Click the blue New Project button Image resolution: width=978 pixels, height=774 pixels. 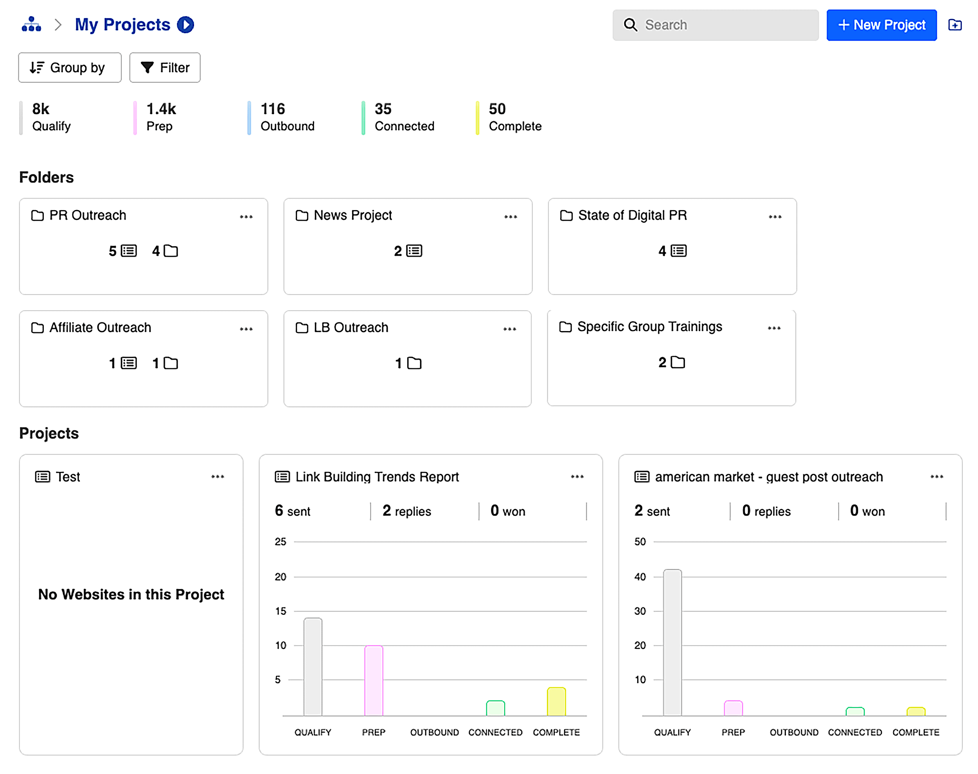881,25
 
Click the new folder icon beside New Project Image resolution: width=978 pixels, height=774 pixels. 955,25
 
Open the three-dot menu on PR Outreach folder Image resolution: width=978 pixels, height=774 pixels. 246,217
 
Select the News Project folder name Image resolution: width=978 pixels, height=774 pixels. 352,215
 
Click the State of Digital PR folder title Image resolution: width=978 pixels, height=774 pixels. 632,215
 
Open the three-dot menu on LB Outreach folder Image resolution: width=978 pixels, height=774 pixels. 509,329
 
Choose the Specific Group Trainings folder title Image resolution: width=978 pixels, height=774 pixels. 649,327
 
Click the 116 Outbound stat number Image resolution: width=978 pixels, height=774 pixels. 273,109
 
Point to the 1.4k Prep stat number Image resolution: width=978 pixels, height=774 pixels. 161,109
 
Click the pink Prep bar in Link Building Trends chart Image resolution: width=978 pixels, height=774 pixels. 373,680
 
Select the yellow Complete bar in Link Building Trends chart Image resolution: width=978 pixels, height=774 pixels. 556,701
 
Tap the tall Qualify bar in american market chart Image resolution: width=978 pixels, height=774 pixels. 672,642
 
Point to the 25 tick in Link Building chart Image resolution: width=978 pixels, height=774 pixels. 280,542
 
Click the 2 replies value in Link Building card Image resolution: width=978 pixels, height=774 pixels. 406,511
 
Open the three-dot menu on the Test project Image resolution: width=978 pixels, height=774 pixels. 218,476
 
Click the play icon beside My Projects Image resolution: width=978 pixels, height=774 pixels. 185,25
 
